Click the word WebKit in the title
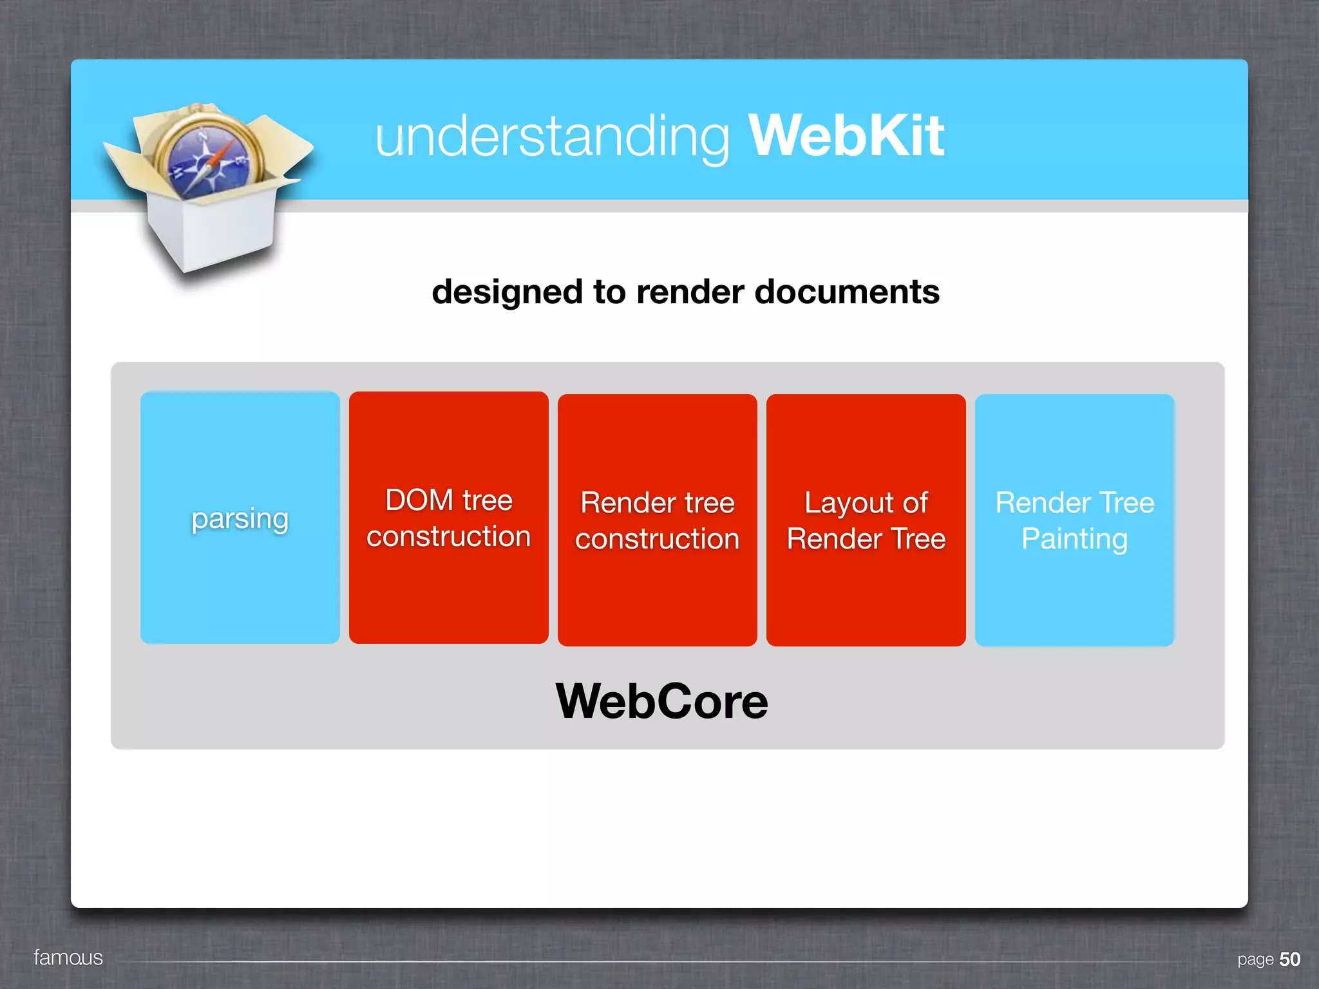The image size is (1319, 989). (x=846, y=136)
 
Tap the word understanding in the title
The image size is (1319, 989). (x=552, y=137)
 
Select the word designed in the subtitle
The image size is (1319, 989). (x=507, y=292)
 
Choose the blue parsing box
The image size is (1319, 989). (x=240, y=579)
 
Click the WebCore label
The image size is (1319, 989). (x=661, y=701)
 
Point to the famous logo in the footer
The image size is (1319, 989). (x=68, y=957)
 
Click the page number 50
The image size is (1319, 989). (x=1289, y=959)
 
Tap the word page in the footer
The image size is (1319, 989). (x=1255, y=960)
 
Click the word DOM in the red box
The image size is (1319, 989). (x=419, y=500)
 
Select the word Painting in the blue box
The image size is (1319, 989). (x=1074, y=539)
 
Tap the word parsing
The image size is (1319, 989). (x=240, y=519)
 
